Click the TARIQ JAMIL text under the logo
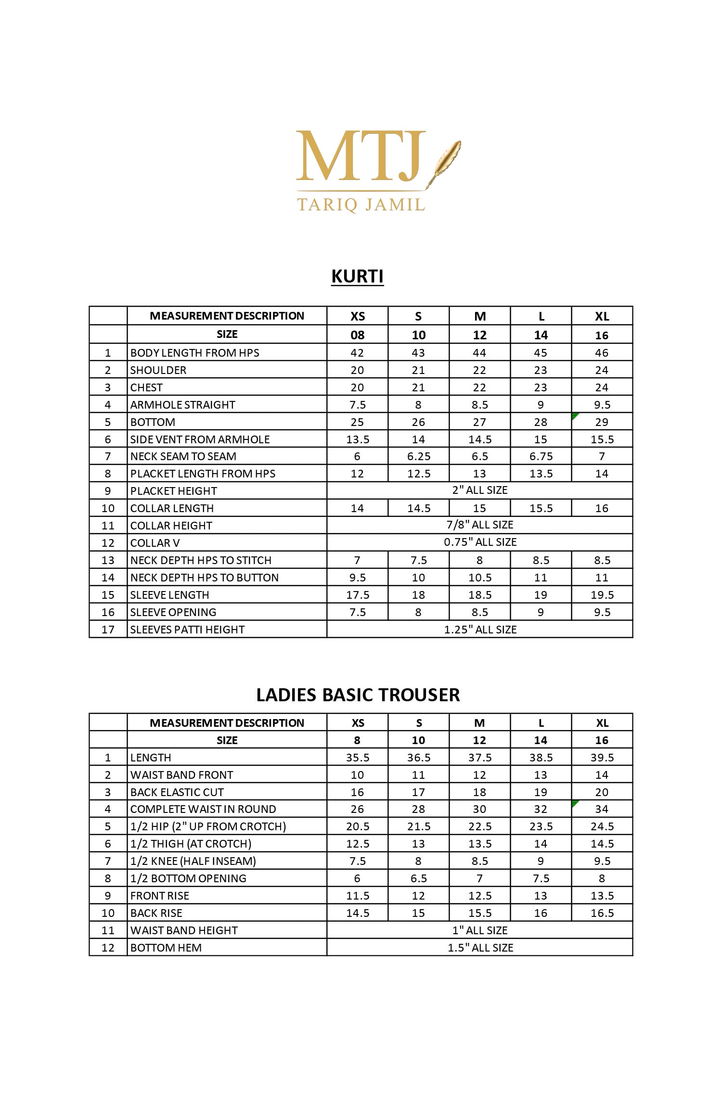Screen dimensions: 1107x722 361,205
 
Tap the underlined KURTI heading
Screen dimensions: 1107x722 357,276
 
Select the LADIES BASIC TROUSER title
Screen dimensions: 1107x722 358,695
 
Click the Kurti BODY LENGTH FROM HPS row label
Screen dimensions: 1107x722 194,353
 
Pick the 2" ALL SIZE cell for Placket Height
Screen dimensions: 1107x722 479,490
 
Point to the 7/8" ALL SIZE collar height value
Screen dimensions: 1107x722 479,525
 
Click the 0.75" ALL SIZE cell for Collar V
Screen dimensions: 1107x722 479,542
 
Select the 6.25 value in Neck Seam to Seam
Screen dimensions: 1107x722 418,456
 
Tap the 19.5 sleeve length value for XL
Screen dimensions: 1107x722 602,595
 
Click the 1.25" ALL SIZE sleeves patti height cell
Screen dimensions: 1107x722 479,630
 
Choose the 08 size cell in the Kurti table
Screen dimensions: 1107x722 357,335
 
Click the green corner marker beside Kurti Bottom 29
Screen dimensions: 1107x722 575,416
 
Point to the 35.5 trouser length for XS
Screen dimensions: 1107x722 357,758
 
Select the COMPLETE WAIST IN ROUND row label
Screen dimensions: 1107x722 203,809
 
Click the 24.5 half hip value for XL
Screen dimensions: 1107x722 602,826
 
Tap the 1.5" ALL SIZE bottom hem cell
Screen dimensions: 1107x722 479,948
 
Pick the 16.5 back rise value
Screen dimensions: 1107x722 602,913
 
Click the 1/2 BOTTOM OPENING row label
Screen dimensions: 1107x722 188,878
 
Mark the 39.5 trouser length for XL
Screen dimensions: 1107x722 602,758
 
